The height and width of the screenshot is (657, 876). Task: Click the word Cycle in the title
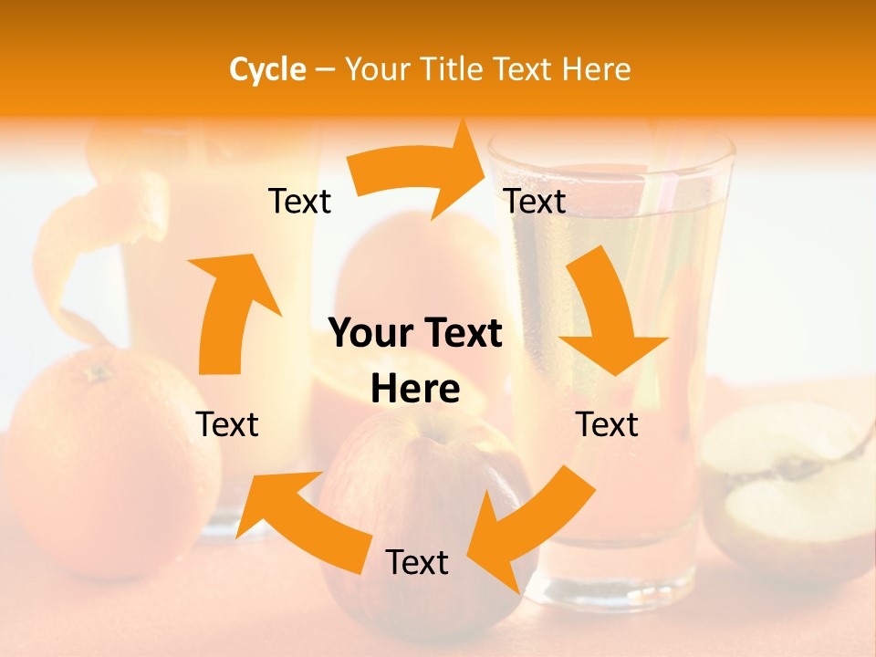coord(267,69)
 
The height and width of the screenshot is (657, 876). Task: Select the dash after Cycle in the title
coord(325,70)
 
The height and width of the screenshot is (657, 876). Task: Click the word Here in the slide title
coord(593,69)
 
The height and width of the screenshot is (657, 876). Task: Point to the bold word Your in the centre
coord(370,334)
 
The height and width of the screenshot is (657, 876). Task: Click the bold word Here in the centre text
coord(415,390)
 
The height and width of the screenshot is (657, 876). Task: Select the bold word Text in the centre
coord(459,334)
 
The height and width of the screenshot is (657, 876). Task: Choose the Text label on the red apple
coord(417,563)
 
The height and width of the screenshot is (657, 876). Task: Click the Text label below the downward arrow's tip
coord(607,424)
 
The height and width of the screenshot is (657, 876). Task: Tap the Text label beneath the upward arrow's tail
coord(227,424)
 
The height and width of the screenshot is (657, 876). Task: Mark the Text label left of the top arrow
coord(299,201)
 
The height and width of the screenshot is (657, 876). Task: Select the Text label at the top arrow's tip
coord(535,201)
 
